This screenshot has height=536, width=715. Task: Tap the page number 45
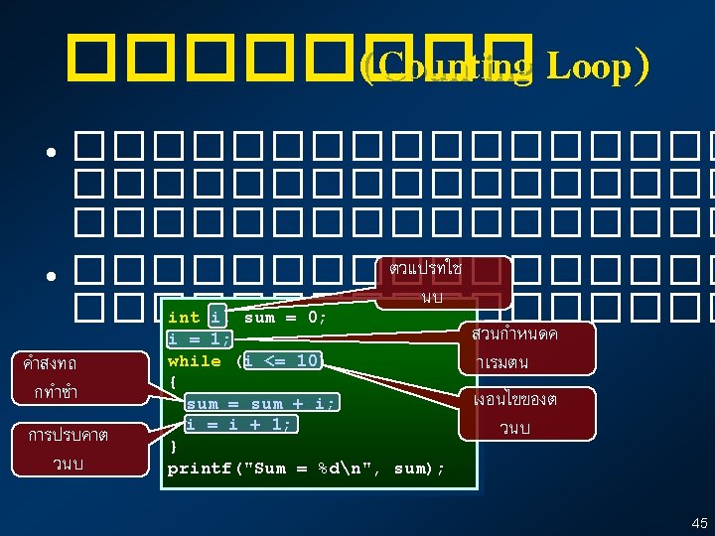pos(699,522)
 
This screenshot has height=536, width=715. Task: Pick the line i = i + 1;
pos(238,424)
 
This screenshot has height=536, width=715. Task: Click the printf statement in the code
pos(306,469)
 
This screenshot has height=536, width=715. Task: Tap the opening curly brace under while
pos(173,381)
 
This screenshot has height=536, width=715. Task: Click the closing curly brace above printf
pos(173,446)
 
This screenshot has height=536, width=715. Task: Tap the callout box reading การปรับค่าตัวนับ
pos(69,448)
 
